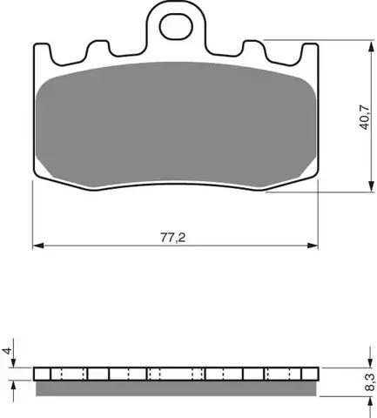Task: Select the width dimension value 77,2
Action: tap(174, 236)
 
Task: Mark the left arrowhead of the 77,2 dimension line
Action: tap(37, 246)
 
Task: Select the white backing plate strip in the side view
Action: tap(174, 374)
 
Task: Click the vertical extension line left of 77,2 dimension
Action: tap(32, 218)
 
